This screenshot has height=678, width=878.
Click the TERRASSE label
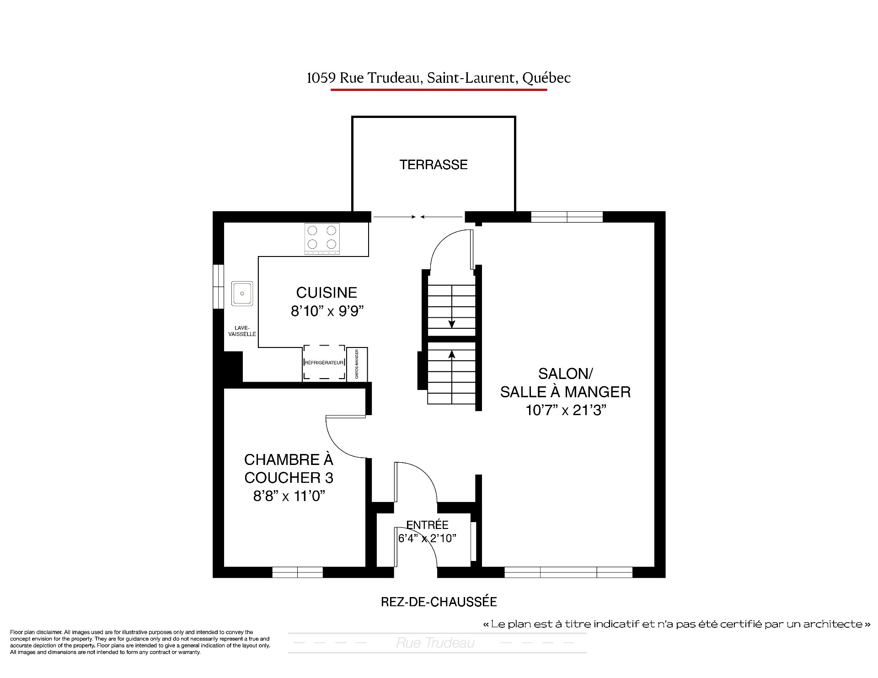coord(434,165)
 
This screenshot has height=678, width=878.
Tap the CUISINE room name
coord(327,293)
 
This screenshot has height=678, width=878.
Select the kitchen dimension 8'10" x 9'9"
coord(327,311)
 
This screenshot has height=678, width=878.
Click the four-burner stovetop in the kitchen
coord(322,238)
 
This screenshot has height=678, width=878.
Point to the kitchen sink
coord(242,294)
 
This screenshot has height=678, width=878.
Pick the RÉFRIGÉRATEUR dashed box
coord(324,363)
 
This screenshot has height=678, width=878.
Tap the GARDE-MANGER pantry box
coord(357,364)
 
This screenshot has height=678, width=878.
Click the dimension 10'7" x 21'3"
coord(566,411)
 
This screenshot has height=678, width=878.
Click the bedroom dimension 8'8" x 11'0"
coord(289,496)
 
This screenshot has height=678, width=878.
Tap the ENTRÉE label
coord(428,525)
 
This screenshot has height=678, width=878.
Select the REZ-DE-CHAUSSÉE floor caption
coord(439,602)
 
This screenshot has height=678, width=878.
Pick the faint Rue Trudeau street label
coord(435,643)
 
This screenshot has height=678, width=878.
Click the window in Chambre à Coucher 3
coord(298,572)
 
